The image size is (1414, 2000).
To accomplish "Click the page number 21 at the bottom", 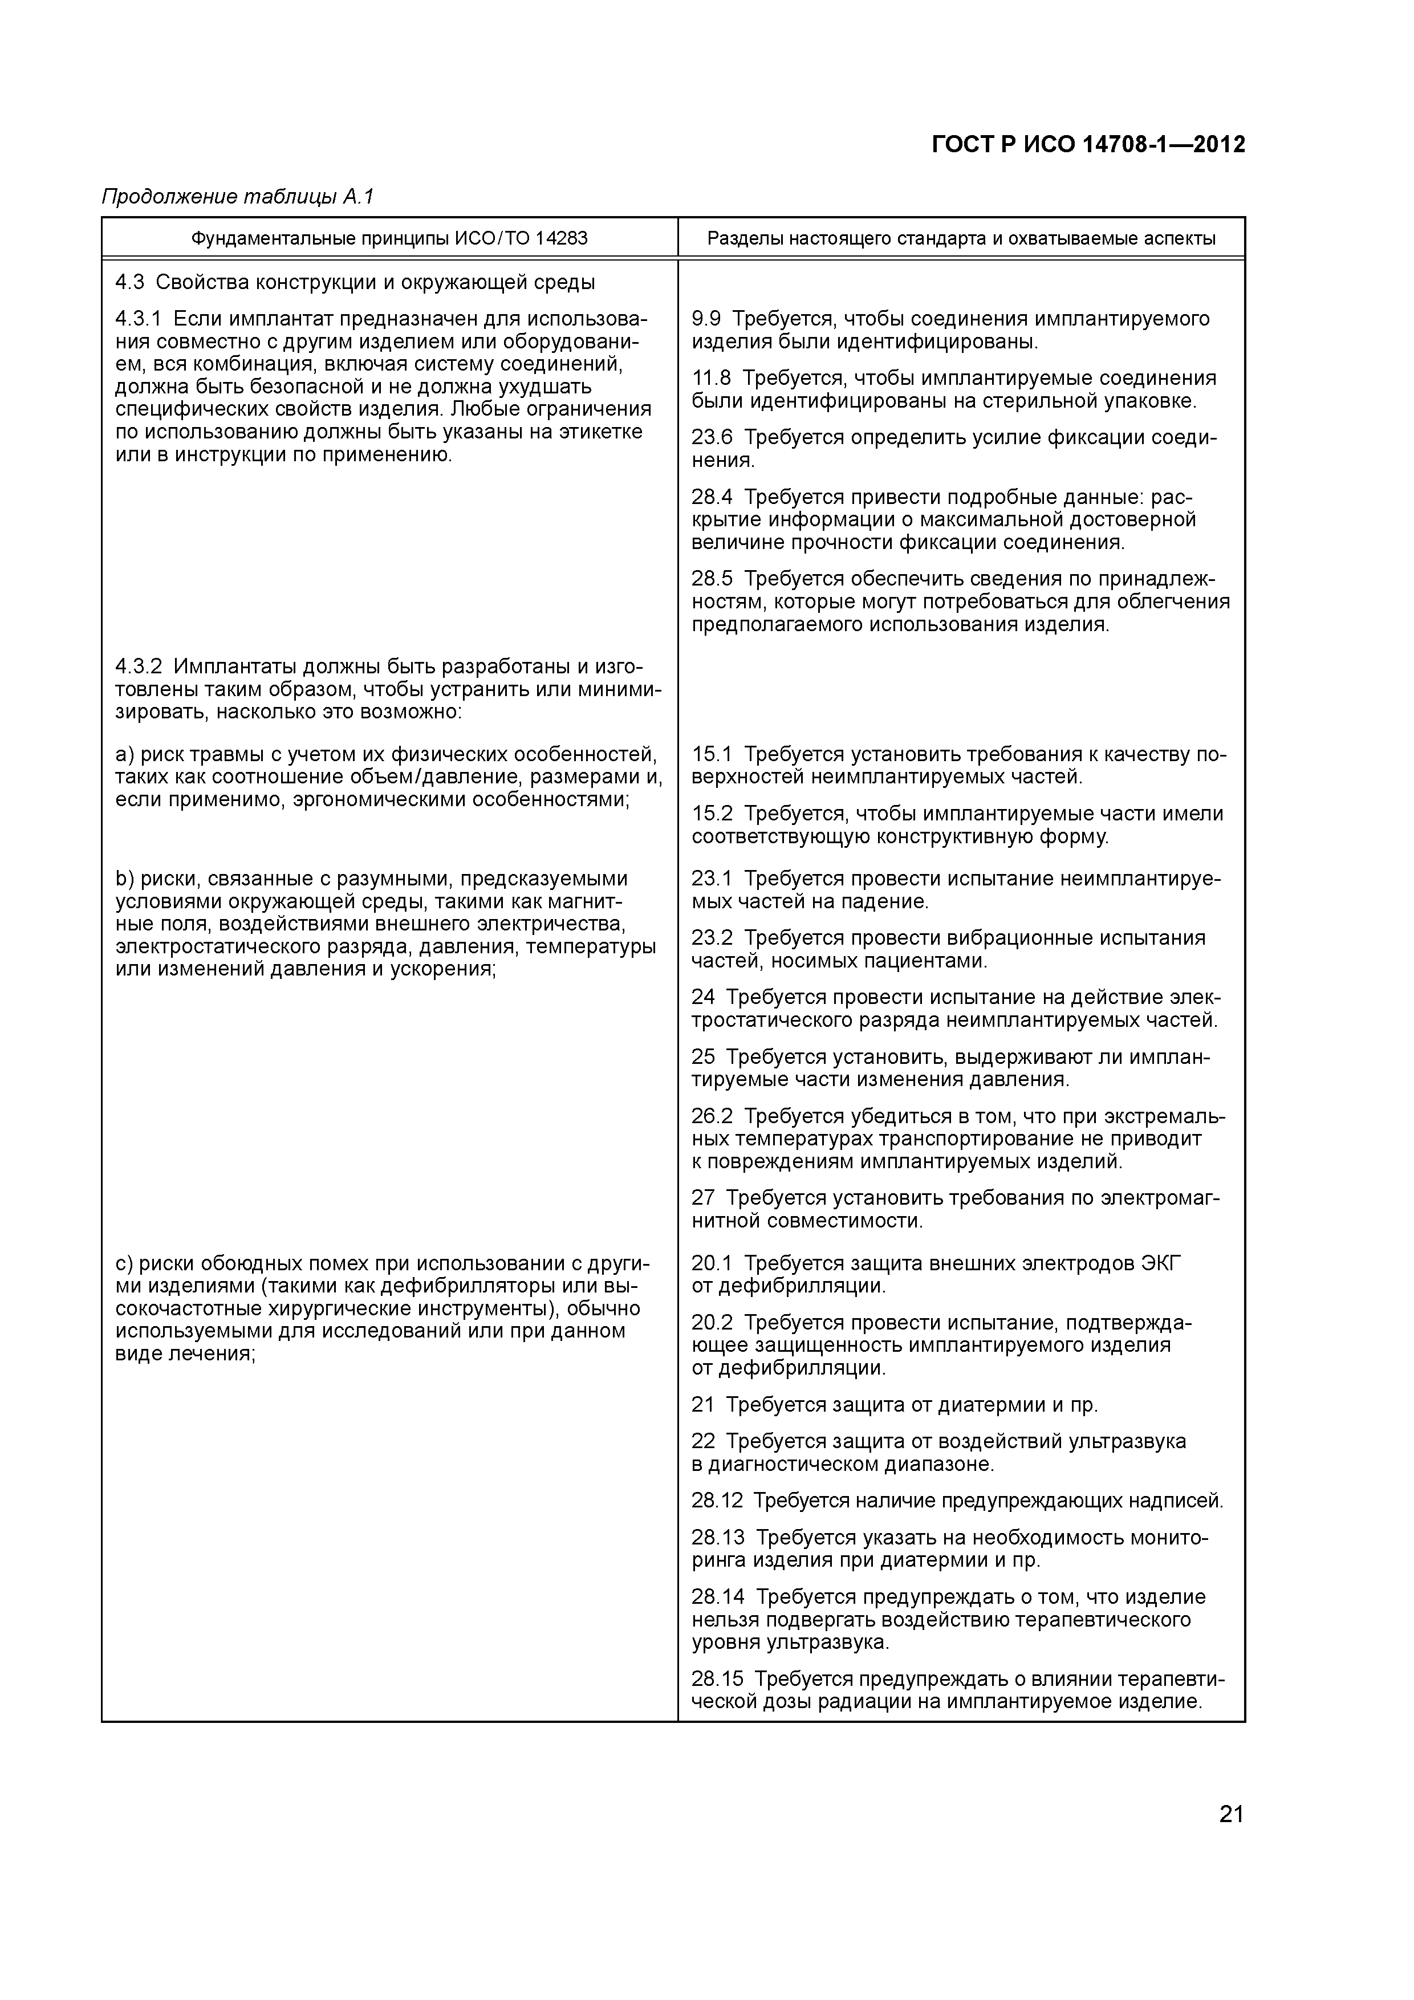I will tap(1230, 1815).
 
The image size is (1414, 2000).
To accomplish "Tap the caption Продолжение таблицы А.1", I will tap(237, 197).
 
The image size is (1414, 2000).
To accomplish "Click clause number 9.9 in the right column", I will tap(706, 319).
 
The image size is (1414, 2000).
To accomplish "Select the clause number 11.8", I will tap(711, 378).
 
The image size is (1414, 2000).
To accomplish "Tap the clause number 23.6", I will tap(711, 437).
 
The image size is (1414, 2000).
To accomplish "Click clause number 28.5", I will tap(711, 579).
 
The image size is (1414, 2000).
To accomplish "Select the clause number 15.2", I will tap(711, 814).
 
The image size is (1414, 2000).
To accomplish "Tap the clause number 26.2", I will tap(711, 1116).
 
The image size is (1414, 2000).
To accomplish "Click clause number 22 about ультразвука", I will tap(702, 1441).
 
